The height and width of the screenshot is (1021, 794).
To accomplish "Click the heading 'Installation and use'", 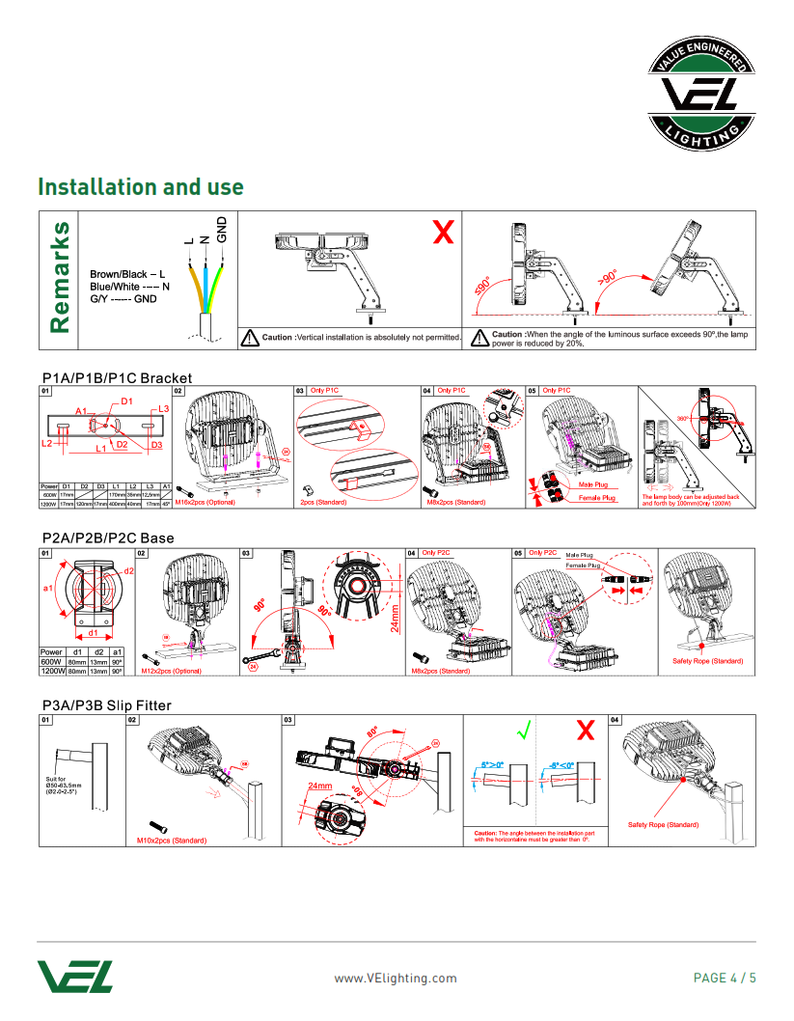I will (x=140, y=187).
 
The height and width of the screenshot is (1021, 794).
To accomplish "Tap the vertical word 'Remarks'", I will (x=59, y=278).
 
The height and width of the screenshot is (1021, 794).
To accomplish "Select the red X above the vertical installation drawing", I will (x=443, y=232).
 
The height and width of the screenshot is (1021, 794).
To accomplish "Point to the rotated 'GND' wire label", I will (x=221, y=230).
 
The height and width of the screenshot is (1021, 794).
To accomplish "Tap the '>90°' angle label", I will (x=609, y=277).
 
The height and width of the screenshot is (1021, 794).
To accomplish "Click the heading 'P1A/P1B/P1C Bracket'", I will (x=117, y=377).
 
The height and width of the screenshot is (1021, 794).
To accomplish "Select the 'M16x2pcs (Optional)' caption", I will (x=205, y=503).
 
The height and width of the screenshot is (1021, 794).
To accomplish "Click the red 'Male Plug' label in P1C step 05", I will (x=592, y=484).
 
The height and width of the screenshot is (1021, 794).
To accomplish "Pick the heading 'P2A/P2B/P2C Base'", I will (x=107, y=538).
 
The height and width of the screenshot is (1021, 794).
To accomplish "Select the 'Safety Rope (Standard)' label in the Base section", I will (x=707, y=661).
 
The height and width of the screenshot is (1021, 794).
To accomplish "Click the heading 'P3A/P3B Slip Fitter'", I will (x=105, y=705).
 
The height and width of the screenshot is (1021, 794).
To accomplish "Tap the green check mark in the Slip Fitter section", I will (x=523, y=731).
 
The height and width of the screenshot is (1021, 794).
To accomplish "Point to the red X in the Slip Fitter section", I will (x=585, y=731).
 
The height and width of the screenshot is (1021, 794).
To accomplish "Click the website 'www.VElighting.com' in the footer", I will (x=396, y=978).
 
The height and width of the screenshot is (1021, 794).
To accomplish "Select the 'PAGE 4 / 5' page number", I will (x=725, y=978).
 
